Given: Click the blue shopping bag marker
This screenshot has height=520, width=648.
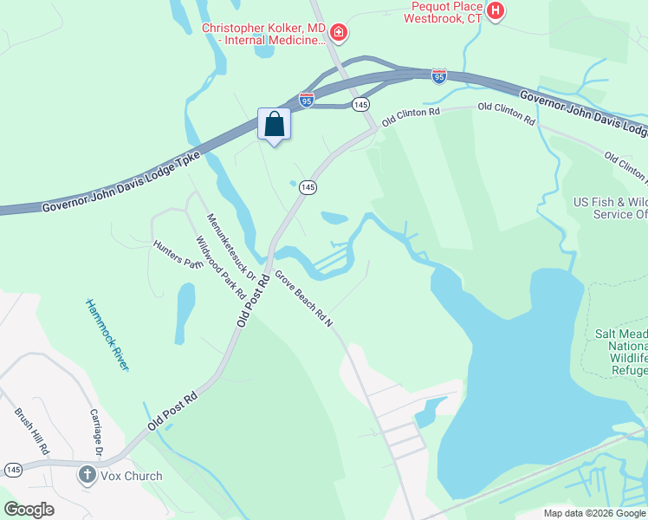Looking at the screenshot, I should [x=274, y=125].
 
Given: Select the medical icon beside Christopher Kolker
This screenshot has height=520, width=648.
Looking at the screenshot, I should [x=339, y=34].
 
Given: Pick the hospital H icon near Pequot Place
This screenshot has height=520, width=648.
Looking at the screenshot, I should [x=496, y=11].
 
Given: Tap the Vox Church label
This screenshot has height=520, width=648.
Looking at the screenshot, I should [x=131, y=476].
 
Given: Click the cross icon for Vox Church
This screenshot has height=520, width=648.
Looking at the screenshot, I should [x=87, y=475].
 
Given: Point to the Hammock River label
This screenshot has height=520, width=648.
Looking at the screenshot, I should [x=107, y=335].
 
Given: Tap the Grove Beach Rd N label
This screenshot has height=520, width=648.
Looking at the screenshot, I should [x=304, y=298].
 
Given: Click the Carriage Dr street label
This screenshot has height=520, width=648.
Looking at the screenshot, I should [x=97, y=434].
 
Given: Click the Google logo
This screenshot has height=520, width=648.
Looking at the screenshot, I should [x=29, y=509].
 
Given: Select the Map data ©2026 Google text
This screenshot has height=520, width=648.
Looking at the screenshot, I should [x=594, y=513].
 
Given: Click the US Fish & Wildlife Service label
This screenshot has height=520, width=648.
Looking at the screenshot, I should [x=610, y=208].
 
